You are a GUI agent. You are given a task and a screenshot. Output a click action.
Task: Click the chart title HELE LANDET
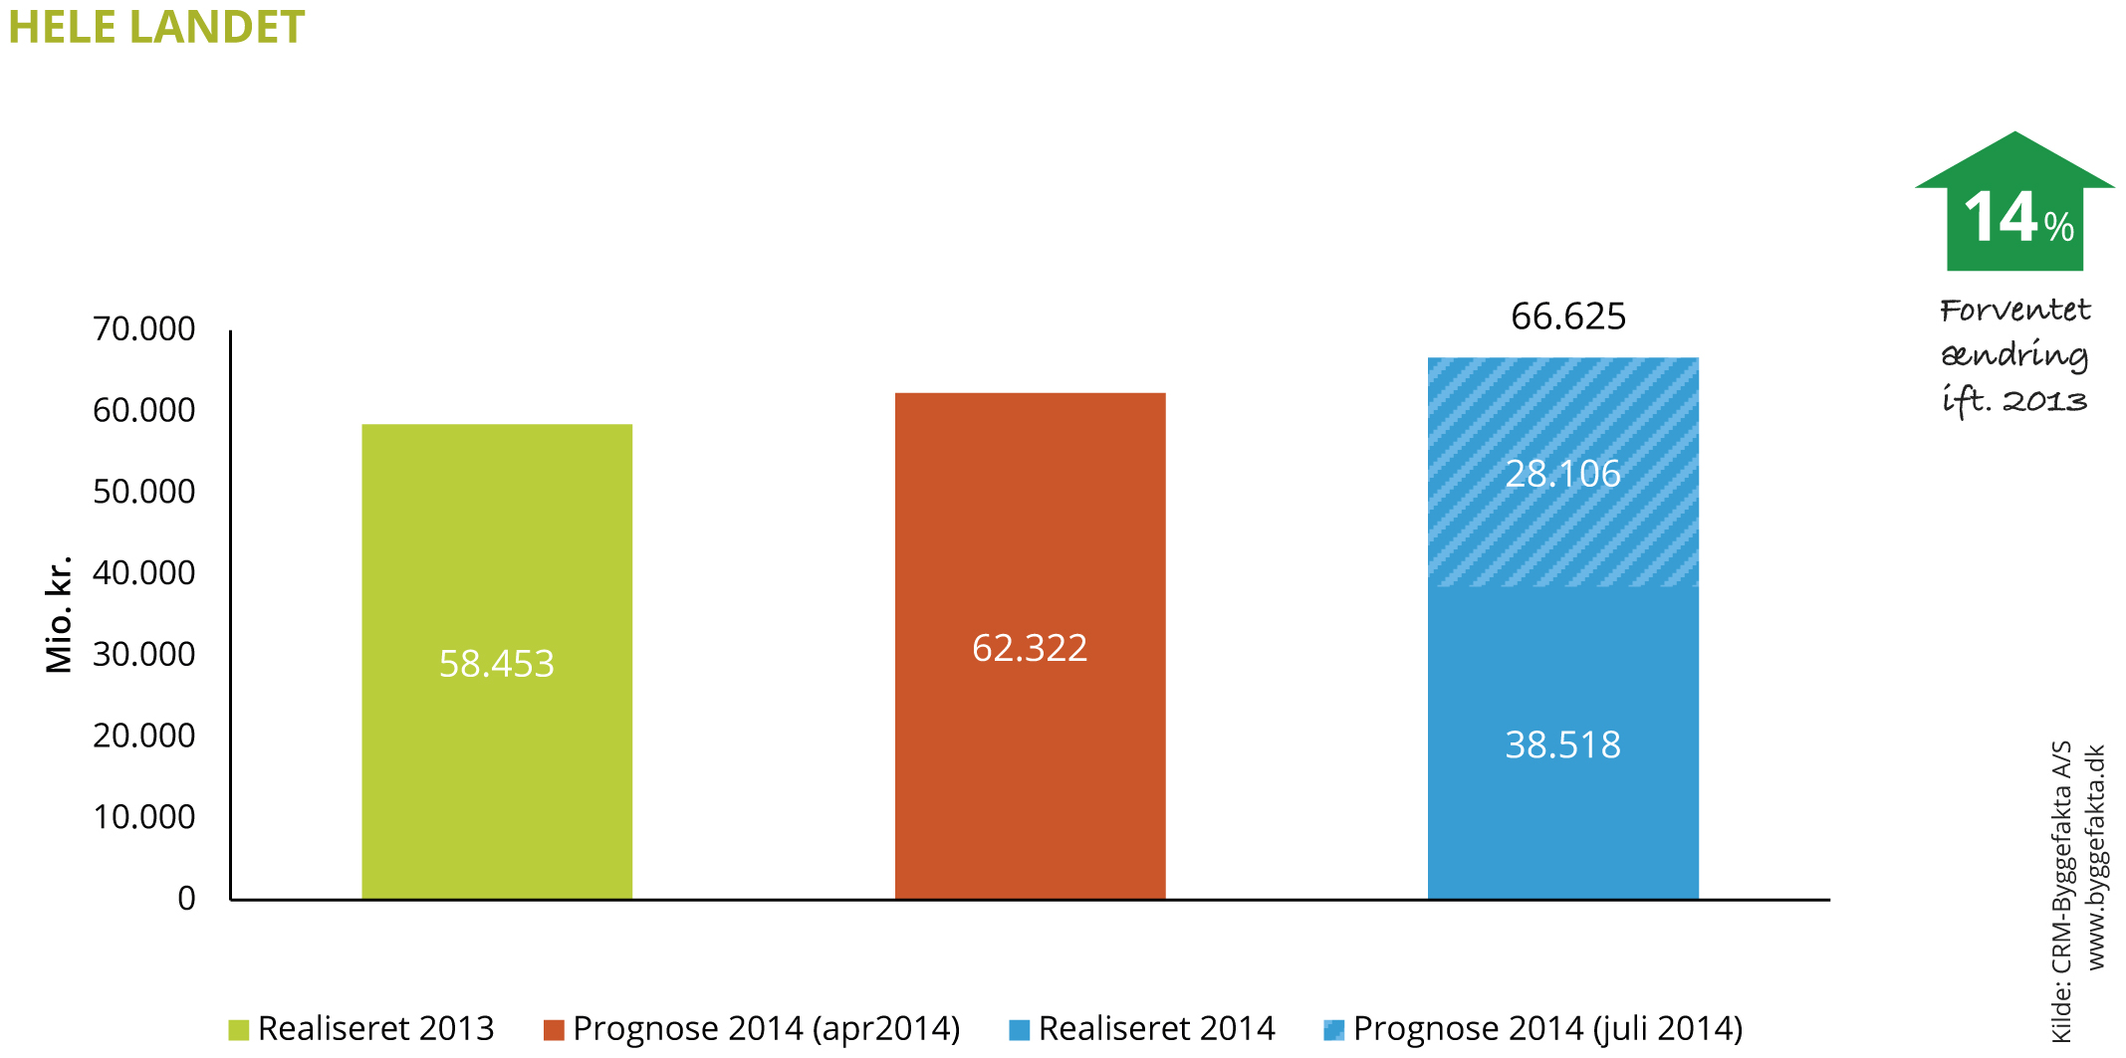tap(156, 27)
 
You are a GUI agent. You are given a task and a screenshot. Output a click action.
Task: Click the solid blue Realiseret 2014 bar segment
tap(1562, 816)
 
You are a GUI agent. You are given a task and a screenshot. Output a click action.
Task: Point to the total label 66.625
tap(1567, 317)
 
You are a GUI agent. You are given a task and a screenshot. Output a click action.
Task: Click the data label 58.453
tap(496, 664)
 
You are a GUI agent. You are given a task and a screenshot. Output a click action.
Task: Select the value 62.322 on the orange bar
tap(1030, 648)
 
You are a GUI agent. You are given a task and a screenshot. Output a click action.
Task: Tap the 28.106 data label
tap(1562, 474)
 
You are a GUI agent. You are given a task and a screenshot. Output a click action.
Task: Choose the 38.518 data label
tap(1562, 744)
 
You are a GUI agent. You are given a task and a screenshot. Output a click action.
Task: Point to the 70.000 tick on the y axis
tap(144, 328)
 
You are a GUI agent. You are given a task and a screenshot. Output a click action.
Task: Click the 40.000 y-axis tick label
tap(144, 572)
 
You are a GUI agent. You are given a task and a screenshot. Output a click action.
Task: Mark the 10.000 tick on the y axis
tap(144, 816)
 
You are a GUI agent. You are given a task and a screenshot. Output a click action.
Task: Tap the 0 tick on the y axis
tap(186, 898)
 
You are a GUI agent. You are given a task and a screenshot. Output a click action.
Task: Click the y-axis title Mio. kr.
tap(60, 614)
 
